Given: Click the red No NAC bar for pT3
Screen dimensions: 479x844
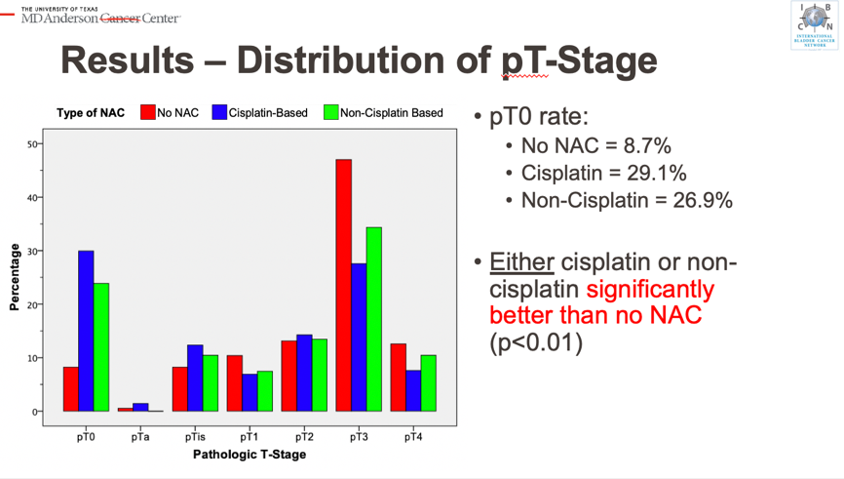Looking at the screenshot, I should (343, 285).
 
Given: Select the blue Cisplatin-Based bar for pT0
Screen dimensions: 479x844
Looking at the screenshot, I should (86, 331).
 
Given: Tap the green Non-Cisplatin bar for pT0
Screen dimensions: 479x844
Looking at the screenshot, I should (101, 346).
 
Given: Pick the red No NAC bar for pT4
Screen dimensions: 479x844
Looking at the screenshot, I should (398, 377).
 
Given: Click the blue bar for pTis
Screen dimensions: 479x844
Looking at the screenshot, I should (195, 378).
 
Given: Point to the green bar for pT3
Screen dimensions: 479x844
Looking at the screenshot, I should (374, 319).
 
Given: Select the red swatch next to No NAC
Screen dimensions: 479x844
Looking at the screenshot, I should (148, 112).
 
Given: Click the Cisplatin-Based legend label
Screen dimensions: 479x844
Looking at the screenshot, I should (268, 113).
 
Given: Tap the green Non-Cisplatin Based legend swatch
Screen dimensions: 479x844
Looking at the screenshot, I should (330, 112).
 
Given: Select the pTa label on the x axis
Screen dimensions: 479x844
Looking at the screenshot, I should (140, 437).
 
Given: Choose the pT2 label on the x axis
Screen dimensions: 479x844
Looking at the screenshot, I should (304, 437).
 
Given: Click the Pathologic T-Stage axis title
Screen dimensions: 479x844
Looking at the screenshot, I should (249, 455).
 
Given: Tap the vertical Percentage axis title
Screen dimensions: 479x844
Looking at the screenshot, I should (14, 278).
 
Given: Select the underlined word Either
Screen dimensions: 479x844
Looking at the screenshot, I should (521, 263).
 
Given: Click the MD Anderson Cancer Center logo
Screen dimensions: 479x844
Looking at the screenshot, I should (100, 17).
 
